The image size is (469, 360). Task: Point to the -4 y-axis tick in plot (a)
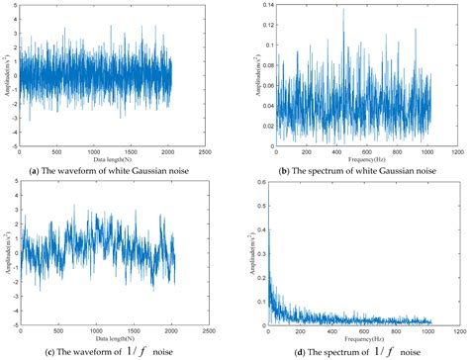(x=13, y=145)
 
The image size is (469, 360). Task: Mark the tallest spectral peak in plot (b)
(x=344, y=10)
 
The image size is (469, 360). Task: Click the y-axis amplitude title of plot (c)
(x=5, y=252)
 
